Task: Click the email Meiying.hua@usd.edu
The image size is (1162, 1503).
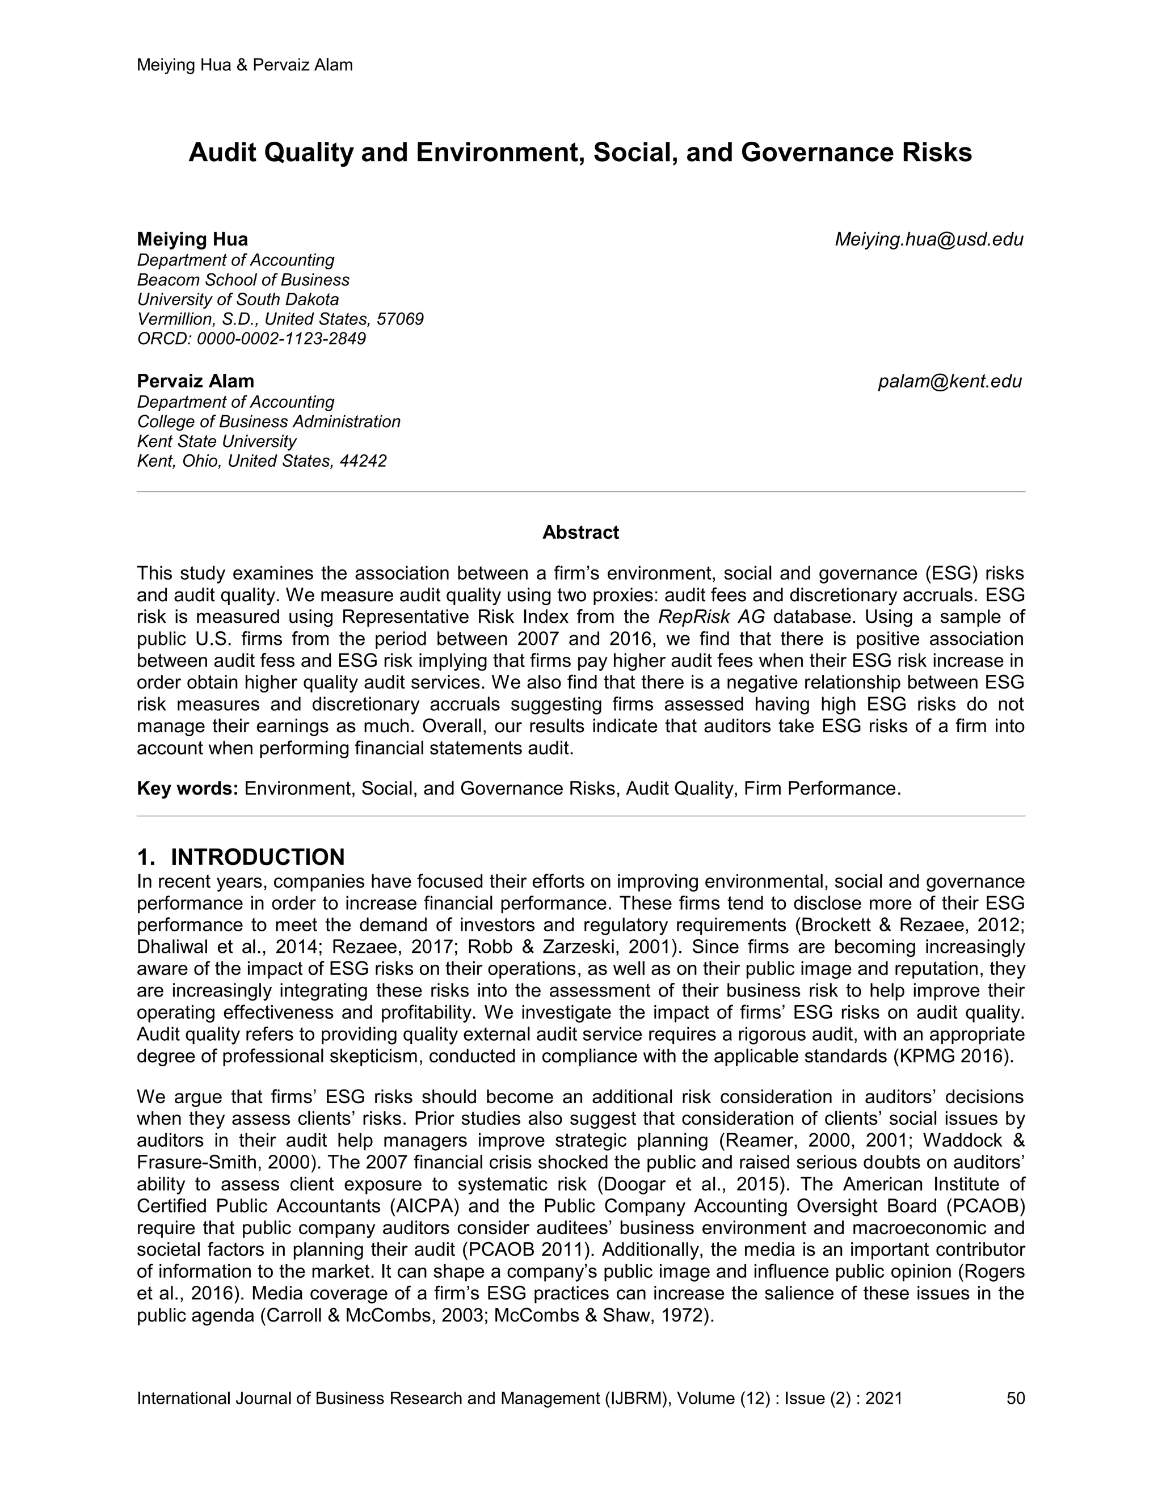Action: (x=929, y=239)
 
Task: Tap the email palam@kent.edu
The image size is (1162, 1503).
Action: (x=949, y=381)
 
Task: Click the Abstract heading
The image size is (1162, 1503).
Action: (x=580, y=532)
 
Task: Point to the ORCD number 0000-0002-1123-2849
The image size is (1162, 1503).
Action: (x=281, y=339)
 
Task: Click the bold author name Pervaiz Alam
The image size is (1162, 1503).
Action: (x=196, y=381)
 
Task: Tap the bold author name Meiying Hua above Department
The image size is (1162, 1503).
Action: (x=192, y=239)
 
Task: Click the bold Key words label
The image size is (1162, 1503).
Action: (x=187, y=788)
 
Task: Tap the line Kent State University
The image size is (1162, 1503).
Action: (x=217, y=441)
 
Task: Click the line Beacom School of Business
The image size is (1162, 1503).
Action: (x=243, y=280)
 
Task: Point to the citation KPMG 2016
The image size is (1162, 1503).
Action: (x=953, y=1057)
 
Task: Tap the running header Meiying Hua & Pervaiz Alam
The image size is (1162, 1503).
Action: (x=245, y=65)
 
